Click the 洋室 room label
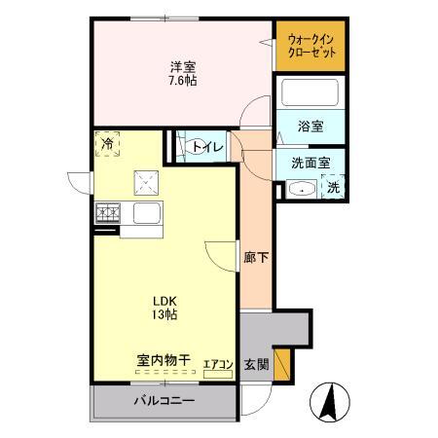coord(182,67)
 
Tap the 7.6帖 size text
coord(182,81)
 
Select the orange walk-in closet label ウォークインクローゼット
coord(308,46)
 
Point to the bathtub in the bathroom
coord(310,95)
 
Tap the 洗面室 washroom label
coord(304,164)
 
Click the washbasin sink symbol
coord(302,189)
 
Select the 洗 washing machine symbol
coord(333,187)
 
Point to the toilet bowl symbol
coord(182,147)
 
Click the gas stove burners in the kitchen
coord(107,212)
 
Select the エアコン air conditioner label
coord(217,365)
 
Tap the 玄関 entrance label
coord(256,364)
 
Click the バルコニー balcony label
coord(163,401)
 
